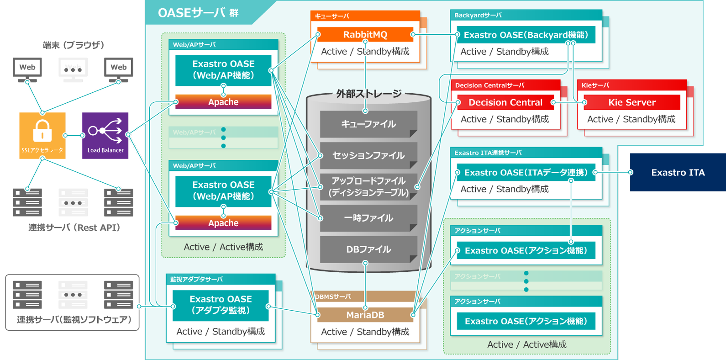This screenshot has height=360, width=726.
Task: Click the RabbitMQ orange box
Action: click(365, 35)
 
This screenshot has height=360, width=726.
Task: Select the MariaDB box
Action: click(365, 315)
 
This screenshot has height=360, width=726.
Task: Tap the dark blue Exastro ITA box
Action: click(678, 172)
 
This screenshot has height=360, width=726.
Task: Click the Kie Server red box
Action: click(631, 102)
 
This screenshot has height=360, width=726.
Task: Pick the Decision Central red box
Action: click(505, 102)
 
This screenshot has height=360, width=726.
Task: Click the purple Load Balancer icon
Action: click(105, 135)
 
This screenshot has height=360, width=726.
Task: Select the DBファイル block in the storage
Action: click(368, 249)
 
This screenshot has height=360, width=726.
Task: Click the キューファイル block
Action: click(368, 124)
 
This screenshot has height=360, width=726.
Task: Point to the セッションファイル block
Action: click(368, 155)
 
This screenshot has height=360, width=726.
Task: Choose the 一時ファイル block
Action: click(368, 218)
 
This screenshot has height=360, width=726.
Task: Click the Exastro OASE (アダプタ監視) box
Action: click(221, 305)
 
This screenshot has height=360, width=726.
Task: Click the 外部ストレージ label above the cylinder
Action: click(369, 94)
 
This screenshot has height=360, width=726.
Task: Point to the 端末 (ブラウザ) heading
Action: click(73, 45)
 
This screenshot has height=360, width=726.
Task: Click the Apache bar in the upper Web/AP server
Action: click(223, 102)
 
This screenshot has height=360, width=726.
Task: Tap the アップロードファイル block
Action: click(368, 186)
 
